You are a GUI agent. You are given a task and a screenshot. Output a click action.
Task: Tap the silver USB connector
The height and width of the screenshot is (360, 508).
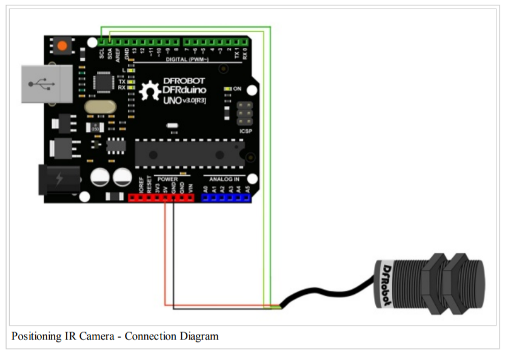[x=46, y=84]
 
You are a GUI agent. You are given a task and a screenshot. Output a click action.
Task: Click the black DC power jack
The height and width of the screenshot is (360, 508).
[x=59, y=179]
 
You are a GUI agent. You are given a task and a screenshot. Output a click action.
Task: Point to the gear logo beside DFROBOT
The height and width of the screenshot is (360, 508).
[x=149, y=91]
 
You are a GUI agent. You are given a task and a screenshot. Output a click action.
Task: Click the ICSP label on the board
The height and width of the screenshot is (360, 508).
[x=246, y=132]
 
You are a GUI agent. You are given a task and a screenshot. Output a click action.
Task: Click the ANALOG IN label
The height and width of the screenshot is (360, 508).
[x=225, y=179]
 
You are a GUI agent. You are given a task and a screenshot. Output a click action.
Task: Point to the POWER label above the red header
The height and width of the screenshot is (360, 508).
[x=167, y=179]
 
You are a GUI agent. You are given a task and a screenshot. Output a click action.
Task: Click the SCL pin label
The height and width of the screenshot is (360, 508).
[x=101, y=53]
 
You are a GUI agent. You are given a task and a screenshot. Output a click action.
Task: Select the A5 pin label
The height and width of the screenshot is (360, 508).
[x=247, y=189]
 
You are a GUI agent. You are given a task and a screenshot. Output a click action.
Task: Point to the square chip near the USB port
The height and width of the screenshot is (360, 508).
[x=107, y=82]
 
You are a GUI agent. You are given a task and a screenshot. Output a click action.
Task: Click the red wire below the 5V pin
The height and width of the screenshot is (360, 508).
[x=165, y=255]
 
